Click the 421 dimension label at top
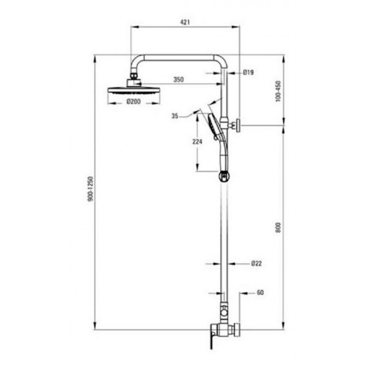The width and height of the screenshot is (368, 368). (x=185, y=22)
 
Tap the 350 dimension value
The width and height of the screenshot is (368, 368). (x=178, y=79)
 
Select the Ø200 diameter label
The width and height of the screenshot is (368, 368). (x=134, y=101)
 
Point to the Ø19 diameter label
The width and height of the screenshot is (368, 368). (x=249, y=72)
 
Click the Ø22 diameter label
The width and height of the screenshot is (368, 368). (x=256, y=263)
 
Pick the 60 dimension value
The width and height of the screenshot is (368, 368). (x=260, y=292)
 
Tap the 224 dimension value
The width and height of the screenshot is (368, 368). (x=197, y=141)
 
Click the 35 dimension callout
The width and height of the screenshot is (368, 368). (x=174, y=116)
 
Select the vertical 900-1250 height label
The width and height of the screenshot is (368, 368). (x=91, y=189)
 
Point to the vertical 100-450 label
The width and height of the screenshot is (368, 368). (x=278, y=91)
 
